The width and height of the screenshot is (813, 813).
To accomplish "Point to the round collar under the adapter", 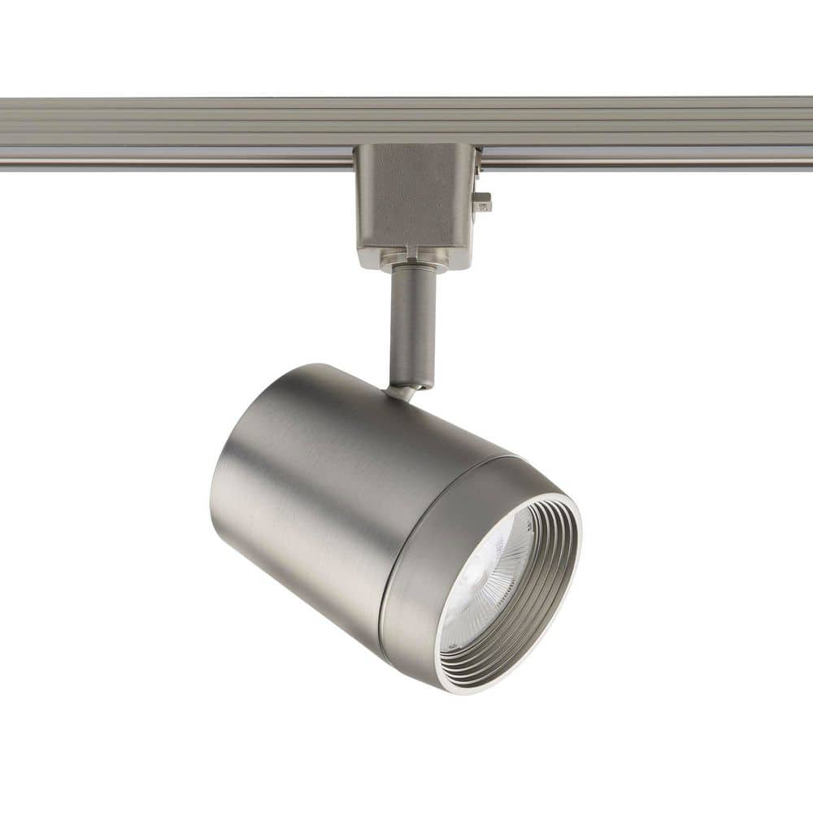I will tap(415, 261).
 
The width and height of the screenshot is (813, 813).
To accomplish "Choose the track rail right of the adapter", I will tap(650, 130).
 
